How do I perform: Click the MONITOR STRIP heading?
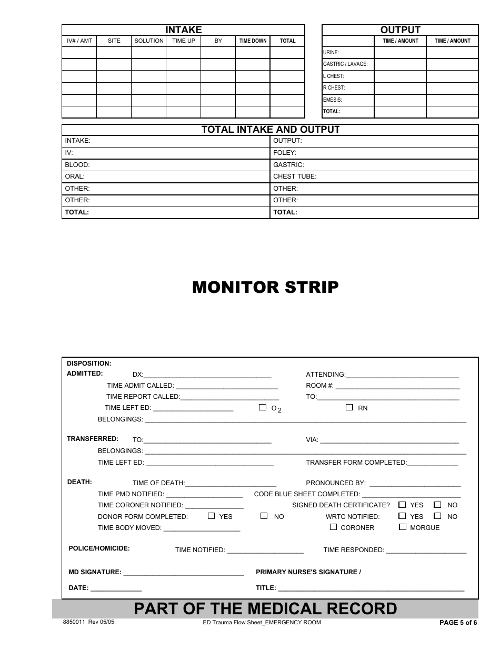click(x=265, y=288)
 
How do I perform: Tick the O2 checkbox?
click(x=263, y=407)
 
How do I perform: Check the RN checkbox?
click(x=349, y=407)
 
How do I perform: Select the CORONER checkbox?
click(x=333, y=527)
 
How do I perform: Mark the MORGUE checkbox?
click(x=403, y=527)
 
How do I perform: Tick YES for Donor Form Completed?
click(x=211, y=516)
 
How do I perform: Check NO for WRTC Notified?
click(x=437, y=516)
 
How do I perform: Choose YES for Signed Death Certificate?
click(x=402, y=504)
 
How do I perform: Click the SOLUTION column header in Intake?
click(x=149, y=41)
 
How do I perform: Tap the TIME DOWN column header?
click(x=253, y=41)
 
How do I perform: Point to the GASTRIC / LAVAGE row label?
click(x=345, y=64)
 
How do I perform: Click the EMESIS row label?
click(x=333, y=100)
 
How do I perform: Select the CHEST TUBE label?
click(x=295, y=176)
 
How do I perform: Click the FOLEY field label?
click(x=285, y=153)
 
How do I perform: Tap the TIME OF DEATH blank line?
click(x=231, y=484)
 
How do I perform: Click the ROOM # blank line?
click(x=397, y=386)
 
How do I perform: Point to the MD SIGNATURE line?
click(x=183, y=573)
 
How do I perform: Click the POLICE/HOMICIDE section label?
click(x=99, y=548)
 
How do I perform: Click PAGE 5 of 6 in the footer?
click(x=458, y=623)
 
